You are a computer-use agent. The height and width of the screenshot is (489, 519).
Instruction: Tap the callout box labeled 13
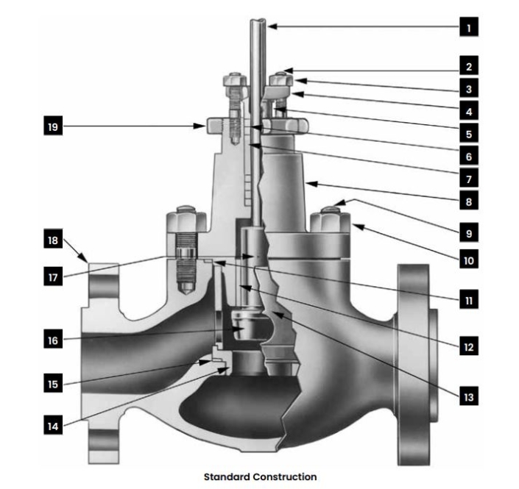click(x=468, y=397)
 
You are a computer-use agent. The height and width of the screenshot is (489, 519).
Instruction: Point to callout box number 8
click(x=468, y=199)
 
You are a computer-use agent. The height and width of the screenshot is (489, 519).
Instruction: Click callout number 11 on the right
click(x=468, y=299)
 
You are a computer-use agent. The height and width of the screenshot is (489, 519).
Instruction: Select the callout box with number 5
click(x=468, y=134)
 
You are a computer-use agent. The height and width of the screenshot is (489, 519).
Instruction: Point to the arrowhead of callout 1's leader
click(x=269, y=27)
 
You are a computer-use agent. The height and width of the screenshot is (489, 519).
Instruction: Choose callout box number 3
click(x=468, y=89)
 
